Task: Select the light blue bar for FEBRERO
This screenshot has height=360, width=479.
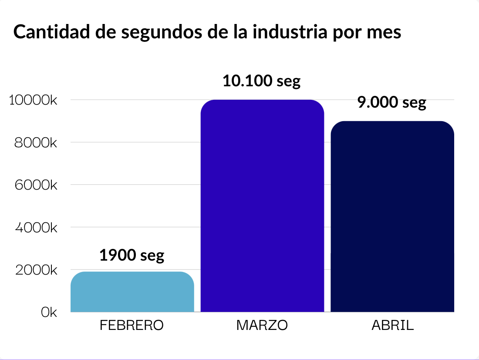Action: (132, 292)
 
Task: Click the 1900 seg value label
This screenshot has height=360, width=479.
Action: (132, 255)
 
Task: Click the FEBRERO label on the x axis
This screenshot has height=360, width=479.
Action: (132, 326)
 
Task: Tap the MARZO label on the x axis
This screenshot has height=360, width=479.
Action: (262, 326)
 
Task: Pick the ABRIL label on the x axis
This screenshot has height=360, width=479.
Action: (392, 326)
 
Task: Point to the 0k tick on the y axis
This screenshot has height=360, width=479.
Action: (49, 312)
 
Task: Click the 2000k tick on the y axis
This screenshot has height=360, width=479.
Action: (36, 270)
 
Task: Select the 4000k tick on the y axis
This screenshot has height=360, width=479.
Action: (36, 227)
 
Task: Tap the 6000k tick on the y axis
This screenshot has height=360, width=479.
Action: (36, 185)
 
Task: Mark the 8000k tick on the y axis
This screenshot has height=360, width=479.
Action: (36, 143)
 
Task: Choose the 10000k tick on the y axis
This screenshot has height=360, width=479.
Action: (33, 100)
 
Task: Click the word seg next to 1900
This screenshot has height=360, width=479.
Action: (152, 256)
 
